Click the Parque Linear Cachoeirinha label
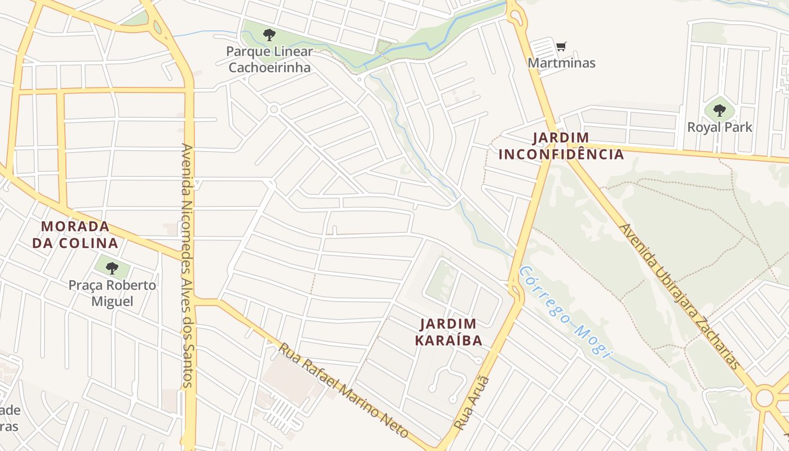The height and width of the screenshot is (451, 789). click(x=269, y=60)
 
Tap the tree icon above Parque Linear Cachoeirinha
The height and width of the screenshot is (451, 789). click(x=269, y=35)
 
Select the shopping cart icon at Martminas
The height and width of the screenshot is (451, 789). click(x=561, y=46)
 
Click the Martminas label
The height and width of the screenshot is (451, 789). click(x=561, y=63)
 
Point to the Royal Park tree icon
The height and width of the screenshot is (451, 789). click(x=719, y=110)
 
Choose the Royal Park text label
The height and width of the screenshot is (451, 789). click(x=719, y=127)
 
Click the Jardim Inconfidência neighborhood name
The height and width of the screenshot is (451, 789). click(x=561, y=146)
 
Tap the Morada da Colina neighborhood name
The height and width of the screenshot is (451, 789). click(x=75, y=235)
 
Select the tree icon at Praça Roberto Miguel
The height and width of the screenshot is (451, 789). click(x=112, y=268)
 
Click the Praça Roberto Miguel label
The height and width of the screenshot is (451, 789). click(x=112, y=293)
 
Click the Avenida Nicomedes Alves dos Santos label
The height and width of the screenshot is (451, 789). click(x=188, y=265)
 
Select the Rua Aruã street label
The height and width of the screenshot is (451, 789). click(x=472, y=403)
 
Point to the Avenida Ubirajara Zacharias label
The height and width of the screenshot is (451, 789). click(x=680, y=296)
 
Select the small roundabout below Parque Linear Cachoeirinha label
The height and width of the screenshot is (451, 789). click(x=274, y=109)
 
